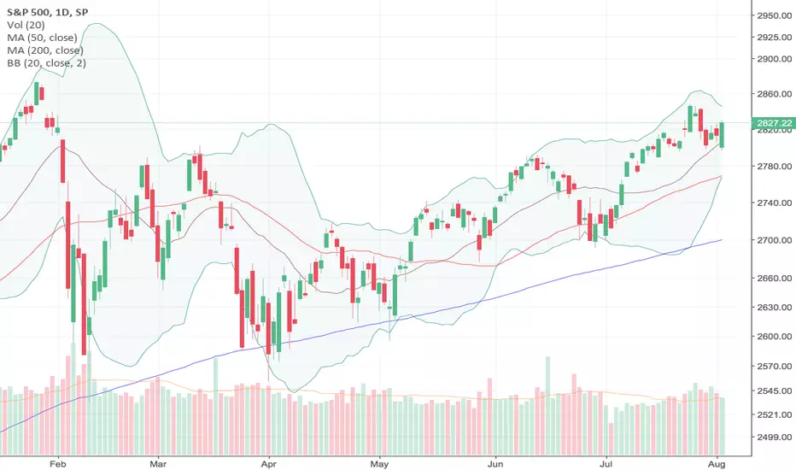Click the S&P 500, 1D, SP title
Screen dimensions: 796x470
(47, 12)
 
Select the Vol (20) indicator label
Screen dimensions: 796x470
(26, 25)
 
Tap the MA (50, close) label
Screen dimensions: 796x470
(42, 37)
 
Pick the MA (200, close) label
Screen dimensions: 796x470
(45, 50)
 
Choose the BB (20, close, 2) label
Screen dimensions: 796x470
(46, 63)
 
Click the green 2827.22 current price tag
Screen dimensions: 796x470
(774, 123)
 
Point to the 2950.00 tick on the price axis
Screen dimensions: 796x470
(775, 15)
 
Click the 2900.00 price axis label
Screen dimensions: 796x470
(775, 59)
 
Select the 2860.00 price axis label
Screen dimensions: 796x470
(775, 94)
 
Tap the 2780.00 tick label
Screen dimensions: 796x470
(775, 166)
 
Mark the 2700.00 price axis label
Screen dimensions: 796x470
(775, 240)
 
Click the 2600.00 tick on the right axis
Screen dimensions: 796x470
(775, 337)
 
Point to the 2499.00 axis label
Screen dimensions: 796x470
(775, 437)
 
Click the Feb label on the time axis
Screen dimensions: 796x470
(58, 464)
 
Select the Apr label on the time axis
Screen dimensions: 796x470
(268, 464)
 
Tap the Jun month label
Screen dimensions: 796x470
(495, 464)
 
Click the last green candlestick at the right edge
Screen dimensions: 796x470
(722, 135)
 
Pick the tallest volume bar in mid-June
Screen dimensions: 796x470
(547, 405)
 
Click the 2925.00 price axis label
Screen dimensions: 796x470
(775, 37)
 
